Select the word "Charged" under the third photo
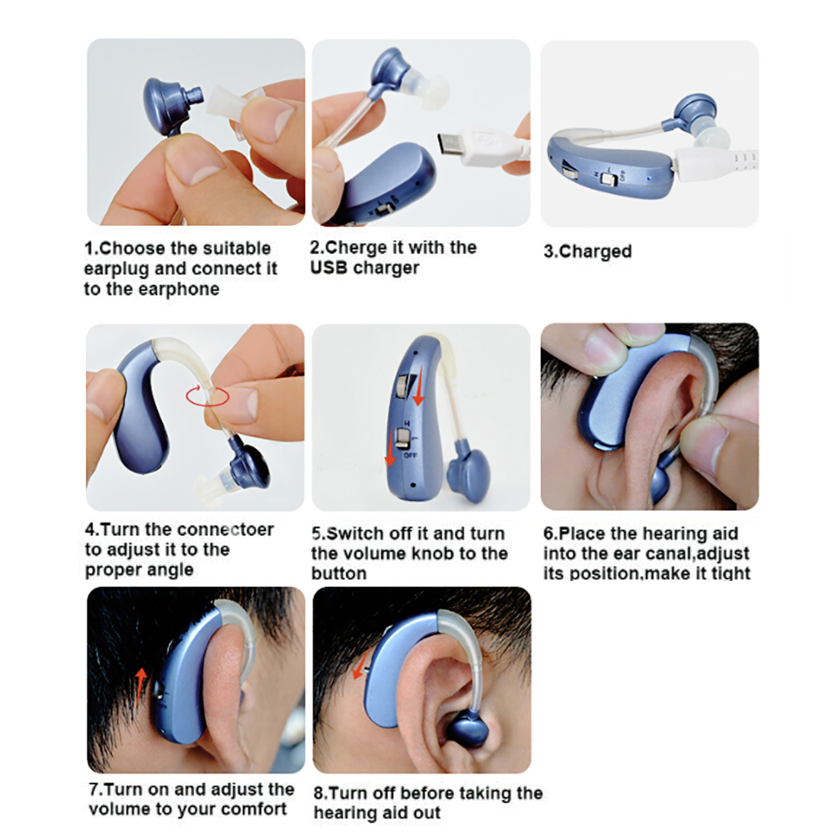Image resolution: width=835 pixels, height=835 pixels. tap(595, 252)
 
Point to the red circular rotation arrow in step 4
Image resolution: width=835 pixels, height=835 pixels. tap(207, 396)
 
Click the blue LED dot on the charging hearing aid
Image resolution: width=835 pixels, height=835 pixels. tap(648, 178)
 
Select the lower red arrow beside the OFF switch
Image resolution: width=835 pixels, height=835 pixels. tap(392, 447)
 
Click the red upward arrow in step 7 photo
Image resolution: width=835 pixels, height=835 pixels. tap(141, 687)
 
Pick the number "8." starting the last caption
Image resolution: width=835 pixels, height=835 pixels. tap(320, 793)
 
